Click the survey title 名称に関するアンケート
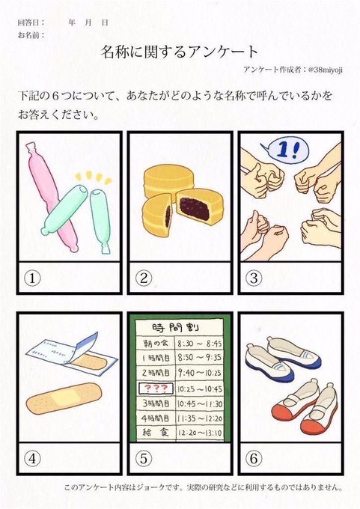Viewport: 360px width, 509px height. point(180,52)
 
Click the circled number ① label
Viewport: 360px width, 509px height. point(33,278)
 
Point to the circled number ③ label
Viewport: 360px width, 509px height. point(253,278)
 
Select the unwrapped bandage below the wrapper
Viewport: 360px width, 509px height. point(63,397)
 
